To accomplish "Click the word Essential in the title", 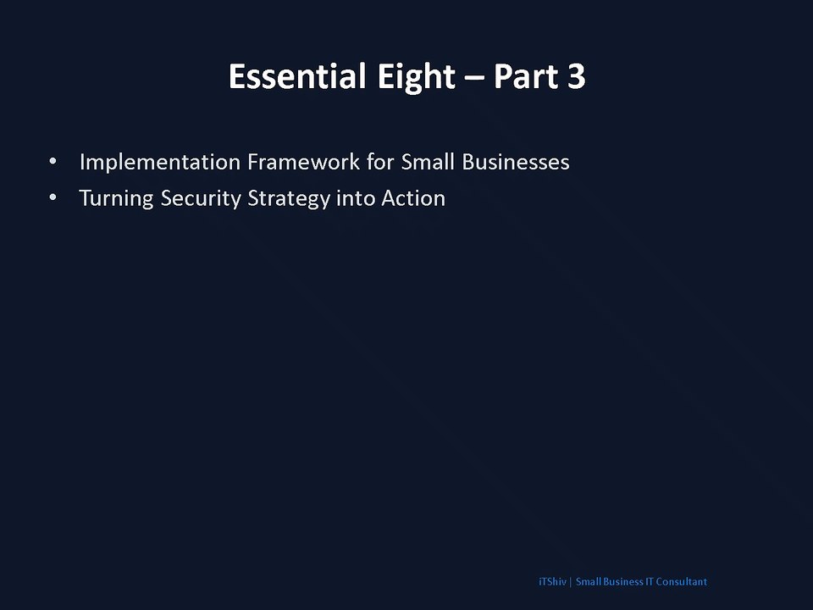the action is tap(297, 76).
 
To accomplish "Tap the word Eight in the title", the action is tap(417, 78).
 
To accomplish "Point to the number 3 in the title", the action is tap(577, 77).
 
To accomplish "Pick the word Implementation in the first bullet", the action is tap(160, 163).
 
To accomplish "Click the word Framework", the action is tap(303, 162).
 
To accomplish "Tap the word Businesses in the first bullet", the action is tap(516, 162).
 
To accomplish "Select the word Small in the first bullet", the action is tap(428, 162).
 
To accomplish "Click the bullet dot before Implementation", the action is tap(53, 161).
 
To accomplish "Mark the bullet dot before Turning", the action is tap(53, 197).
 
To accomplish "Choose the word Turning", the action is tap(116, 198).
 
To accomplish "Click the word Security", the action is tap(201, 198).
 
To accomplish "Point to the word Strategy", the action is tap(289, 198).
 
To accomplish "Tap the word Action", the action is tap(413, 198).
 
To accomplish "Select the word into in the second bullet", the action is tap(356, 198).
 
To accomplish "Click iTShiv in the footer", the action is tap(552, 581).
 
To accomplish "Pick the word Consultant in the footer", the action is tap(681, 581).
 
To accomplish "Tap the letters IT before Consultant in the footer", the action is tap(650, 581).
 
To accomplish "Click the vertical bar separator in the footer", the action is tap(571, 582).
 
